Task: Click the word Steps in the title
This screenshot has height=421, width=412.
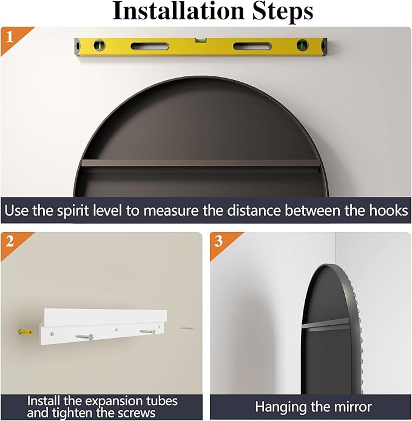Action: pyautogui.click(x=283, y=12)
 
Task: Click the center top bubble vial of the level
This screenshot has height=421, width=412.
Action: pyautogui.click(x=199, y=40)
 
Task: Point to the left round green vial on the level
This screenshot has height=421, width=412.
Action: pyautogui.click(x=100, y=45)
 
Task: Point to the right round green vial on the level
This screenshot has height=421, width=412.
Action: pyautogui.click(x=302, y=45)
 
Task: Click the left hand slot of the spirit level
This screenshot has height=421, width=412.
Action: pyautogui.click(x=150, y=46)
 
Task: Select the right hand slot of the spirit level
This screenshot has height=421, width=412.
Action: pyautogui.click(x=252, y=46)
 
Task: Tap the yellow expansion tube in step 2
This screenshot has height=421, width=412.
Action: pyautogui.click(x=25, y=332)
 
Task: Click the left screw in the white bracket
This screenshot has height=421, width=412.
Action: pyautogui.click(x=84, y=336)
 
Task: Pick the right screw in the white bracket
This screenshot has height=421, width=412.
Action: pyautogui.click(x=147, y=332)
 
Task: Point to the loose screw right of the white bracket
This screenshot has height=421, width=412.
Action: pyautogui.click(x=187, y=328)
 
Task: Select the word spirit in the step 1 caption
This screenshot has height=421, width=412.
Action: pyautogui.click(x=73, y=211)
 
